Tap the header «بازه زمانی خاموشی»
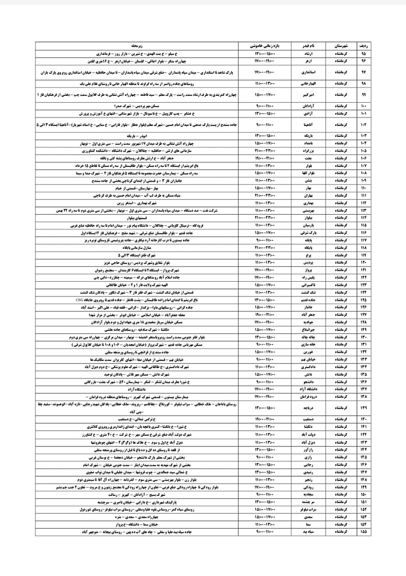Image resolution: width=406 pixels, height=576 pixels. click(268, 46)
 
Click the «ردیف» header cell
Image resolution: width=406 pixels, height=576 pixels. click(364, 46)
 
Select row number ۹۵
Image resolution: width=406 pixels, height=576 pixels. click(364, 53)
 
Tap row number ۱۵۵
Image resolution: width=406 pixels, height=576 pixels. click(364, 531)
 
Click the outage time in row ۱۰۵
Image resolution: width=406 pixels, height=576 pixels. click(268, 150)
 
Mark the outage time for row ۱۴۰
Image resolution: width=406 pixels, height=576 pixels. click(268, 418)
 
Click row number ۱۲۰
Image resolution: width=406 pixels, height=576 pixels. click(364, 262)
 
